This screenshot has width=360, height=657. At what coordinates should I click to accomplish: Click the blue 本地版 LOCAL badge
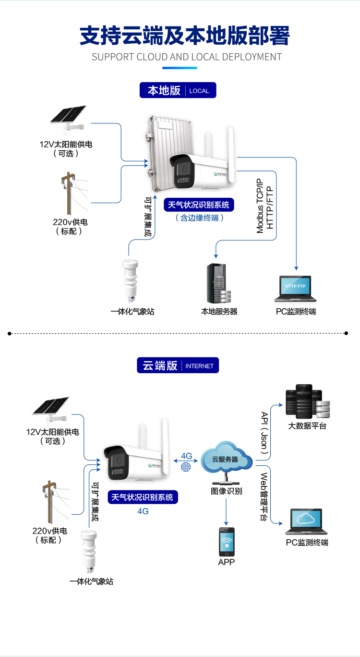[178, 90]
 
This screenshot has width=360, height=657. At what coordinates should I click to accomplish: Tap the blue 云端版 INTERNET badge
[178, 365]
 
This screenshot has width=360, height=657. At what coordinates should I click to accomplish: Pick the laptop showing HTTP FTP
[295, 289]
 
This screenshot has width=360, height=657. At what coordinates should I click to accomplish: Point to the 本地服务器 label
[219, 312]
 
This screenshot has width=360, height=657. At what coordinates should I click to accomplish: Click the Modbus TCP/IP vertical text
[260, 206]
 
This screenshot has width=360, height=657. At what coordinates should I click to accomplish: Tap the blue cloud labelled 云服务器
[225, 459]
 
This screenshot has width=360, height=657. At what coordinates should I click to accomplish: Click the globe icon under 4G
[186, 466]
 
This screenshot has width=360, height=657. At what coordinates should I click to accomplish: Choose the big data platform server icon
[307, 401]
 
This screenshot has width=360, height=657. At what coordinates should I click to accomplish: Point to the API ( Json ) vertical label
[264, 433]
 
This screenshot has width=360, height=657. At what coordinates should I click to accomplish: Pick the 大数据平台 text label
[307, 426]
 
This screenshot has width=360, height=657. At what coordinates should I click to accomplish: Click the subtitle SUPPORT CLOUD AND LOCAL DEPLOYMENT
[186, 57]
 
